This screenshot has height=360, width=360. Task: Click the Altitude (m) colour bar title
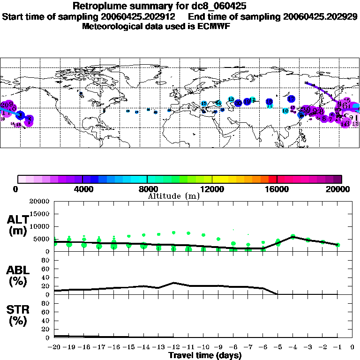[174, 196]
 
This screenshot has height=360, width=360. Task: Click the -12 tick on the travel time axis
[174, 347]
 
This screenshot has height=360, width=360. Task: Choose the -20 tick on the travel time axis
[55, 347]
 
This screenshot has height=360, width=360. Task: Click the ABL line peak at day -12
[174, 283]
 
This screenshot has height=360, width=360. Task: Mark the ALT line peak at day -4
[293, 237]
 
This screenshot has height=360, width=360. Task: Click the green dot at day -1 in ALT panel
[337, 245]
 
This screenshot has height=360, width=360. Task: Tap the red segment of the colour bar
[272, 179]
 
